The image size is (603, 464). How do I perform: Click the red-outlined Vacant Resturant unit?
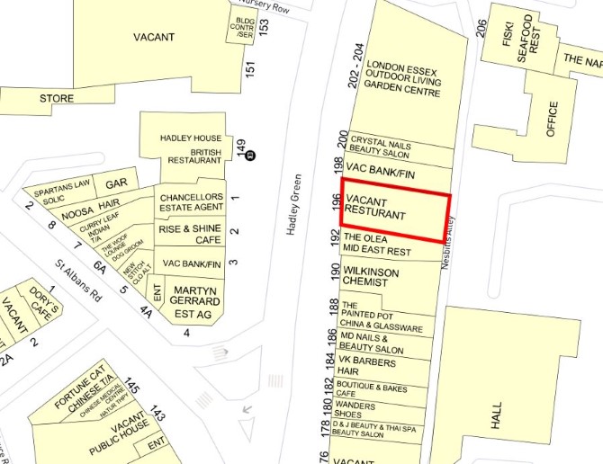point(394,215)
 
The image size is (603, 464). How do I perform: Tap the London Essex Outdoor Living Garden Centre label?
point(405,89)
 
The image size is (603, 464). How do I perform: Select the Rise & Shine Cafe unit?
point(190,235)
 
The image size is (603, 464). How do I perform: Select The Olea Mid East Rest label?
point(377,245)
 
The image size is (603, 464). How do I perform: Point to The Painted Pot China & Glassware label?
point(381,317)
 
